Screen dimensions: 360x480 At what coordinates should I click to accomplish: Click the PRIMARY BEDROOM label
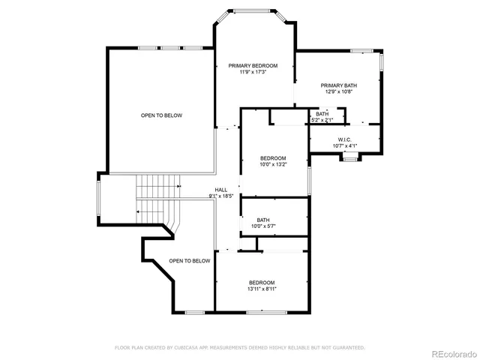253,66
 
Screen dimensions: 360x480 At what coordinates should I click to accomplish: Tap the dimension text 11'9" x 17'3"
253,72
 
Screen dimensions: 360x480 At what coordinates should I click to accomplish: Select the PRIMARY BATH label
339,85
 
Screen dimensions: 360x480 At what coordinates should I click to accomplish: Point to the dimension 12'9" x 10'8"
339,91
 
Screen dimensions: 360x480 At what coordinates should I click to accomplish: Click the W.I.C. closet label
345,139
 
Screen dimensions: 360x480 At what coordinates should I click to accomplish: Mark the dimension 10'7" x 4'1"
345,145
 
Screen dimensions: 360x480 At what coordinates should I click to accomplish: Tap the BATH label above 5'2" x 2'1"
322,114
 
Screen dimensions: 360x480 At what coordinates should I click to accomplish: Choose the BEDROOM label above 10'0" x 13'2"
273,157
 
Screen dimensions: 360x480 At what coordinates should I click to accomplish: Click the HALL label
221,190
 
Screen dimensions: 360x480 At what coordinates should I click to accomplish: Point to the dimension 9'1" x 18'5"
221,196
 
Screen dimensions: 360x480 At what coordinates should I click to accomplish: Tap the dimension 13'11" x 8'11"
262,289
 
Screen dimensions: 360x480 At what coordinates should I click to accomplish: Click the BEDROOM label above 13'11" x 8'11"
262,283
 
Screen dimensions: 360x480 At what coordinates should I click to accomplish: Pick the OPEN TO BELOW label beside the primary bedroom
161,115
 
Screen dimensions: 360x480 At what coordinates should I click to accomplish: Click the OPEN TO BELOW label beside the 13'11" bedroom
189,261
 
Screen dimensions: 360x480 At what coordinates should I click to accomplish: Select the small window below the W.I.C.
349,157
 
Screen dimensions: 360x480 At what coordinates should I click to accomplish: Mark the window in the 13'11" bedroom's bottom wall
261,311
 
